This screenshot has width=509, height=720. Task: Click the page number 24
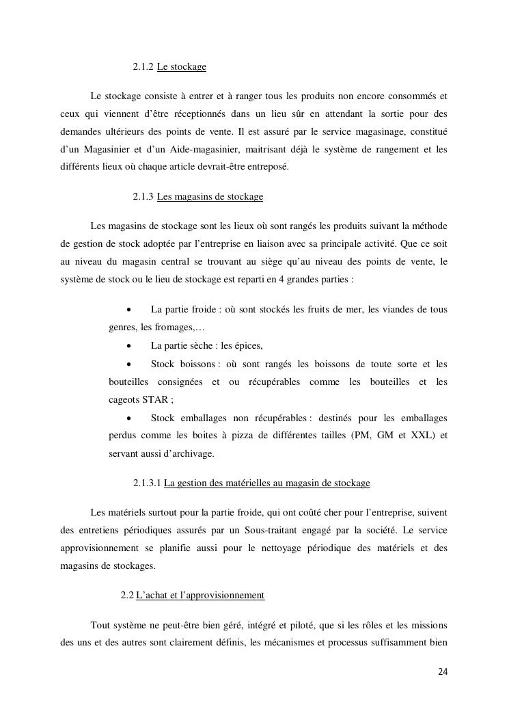coord(443,671)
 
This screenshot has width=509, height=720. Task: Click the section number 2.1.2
coord(143,67)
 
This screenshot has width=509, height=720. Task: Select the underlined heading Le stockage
coord(182,67)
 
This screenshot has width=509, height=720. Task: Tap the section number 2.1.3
coord(143,197)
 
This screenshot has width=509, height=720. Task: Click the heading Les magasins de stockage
coord(210,197)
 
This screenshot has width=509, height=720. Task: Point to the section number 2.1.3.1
coord(147,483)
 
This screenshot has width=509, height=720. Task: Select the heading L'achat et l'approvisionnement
coord(200,596)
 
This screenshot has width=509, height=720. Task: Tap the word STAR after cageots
coord(155,399)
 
